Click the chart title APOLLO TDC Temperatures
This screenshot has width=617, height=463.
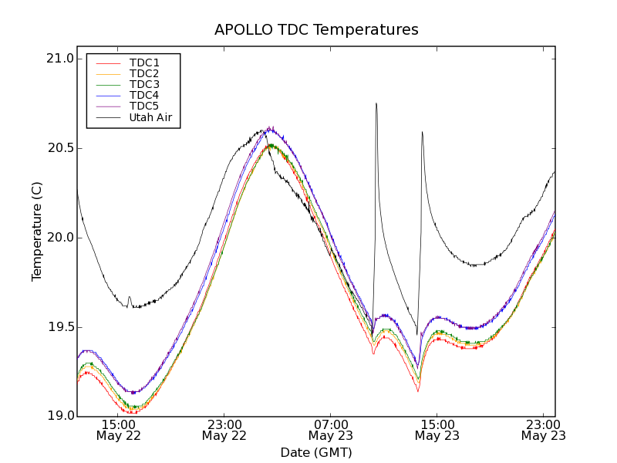316,30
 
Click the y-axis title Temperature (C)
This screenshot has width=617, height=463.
37,231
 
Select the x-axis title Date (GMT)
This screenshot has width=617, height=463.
316,452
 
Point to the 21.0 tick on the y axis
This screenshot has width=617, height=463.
60,59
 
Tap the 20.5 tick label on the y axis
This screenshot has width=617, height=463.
60,148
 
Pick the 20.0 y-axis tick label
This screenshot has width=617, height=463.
60,238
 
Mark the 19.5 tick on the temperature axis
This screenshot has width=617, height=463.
60,327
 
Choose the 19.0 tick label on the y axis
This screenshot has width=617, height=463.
60,416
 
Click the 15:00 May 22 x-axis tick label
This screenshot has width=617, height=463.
118,430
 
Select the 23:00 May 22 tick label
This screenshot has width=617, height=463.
224,430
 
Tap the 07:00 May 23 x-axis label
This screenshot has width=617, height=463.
330,430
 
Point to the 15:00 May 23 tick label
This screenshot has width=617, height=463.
437,430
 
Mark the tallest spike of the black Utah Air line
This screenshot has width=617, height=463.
376,103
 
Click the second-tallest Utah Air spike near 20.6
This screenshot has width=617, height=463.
422,132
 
